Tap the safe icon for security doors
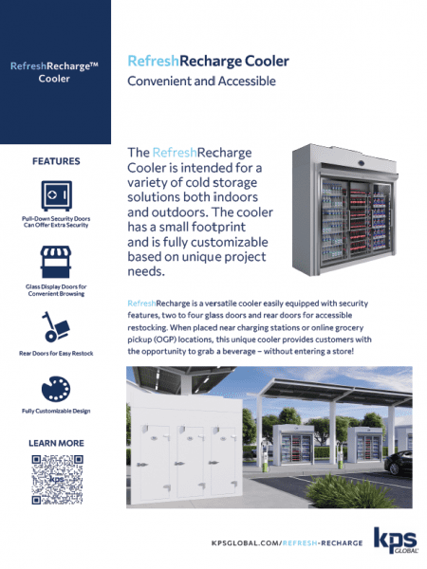point(54,195)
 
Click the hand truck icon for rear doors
point(54,326)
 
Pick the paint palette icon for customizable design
point(54,389)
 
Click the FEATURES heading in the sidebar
point(55,161)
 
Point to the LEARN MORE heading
point(55,443)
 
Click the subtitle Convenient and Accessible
point(201,82)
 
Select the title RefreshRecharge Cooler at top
point(208,62)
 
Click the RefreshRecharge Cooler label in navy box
point(54,72)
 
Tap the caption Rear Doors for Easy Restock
point(54,353)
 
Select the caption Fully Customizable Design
point(54,411)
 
